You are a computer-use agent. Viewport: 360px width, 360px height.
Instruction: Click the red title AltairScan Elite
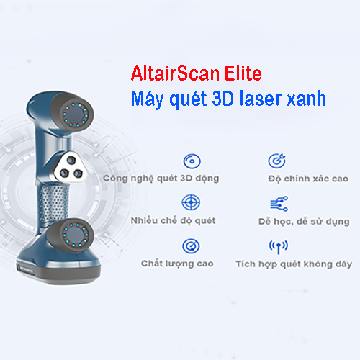[x=197, y=73]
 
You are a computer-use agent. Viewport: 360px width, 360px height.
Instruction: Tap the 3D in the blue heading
[x=222, y=99]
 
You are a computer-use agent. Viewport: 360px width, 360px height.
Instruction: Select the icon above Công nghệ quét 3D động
[x=192, y=161]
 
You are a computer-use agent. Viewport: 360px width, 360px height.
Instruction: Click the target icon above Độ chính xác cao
[x=277, y=161]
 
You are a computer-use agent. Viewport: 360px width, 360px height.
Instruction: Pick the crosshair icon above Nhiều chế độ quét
[x=191, y=202]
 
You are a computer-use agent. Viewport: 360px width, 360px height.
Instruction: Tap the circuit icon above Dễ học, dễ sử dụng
[x=279, y=204]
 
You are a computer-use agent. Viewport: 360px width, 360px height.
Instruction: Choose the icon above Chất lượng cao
[x=191, y=246]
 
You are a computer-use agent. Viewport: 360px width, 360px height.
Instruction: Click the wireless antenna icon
[x=279, y=247]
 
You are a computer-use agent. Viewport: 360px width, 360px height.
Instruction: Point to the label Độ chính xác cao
[x=308, y=179]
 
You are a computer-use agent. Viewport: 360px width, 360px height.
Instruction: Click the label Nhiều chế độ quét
[x=173, y=220]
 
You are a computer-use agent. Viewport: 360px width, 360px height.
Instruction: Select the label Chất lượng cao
[x=177, y=264]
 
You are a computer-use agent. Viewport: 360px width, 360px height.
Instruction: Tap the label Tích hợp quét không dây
[x=294, y=264]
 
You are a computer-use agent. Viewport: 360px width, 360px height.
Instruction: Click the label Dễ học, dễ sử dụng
[x=304, y=221]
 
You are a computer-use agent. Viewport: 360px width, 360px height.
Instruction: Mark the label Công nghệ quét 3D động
[x=161, y=179]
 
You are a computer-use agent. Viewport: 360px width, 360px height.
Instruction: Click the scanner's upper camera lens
[x=75, y=114]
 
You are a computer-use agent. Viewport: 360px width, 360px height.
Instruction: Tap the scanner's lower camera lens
[x=75, y=235]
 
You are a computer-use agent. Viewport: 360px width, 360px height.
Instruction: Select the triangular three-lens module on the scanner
[x=71, y=168]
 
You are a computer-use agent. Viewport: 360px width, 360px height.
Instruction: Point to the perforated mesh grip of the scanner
[x=53, y=204]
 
